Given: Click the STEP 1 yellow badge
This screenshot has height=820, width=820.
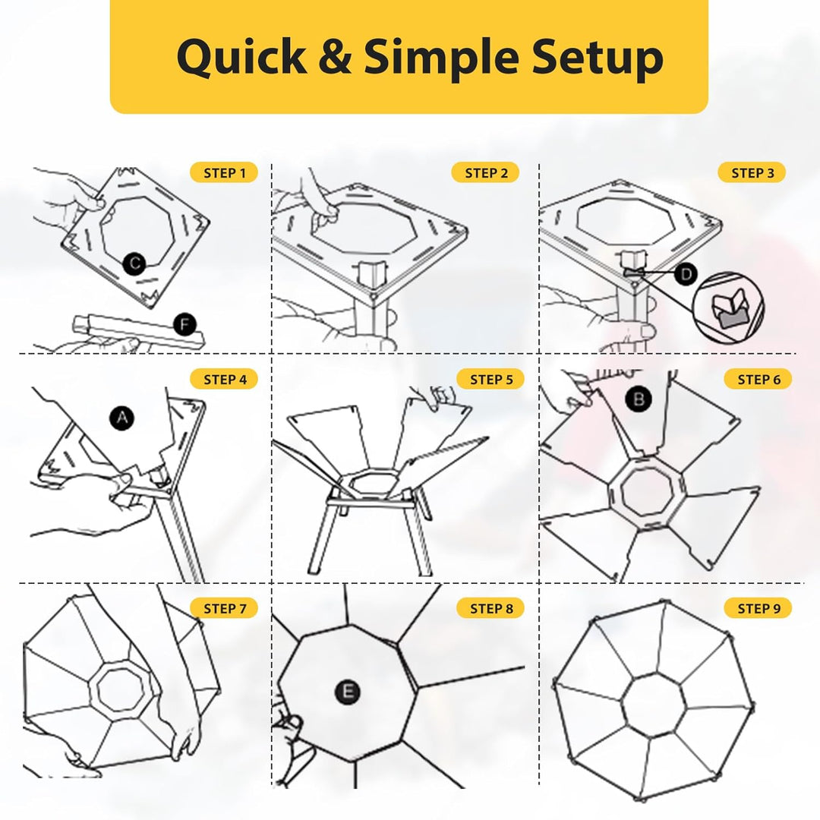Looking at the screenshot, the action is pos(224,172).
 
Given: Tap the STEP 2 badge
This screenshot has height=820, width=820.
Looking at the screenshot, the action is pos(485,172).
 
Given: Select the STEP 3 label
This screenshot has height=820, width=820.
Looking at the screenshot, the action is pos(752,172).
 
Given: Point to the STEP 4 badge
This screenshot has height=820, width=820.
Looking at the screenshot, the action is pos(224,379).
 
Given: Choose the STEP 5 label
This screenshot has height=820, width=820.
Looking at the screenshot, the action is pos(490,379).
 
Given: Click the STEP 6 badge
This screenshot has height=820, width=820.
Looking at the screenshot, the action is pos(758,379).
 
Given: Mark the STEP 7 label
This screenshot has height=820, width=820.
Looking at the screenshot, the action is pos(224,608).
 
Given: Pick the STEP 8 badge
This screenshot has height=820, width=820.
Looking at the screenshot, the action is pos(490,608).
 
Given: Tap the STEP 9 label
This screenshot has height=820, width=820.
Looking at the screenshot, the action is pos(758,608).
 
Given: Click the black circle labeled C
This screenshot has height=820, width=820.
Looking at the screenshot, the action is pos(134,263).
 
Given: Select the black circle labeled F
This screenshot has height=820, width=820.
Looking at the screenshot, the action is pos(184,325).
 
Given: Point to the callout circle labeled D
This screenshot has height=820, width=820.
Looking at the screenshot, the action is pos(686,273).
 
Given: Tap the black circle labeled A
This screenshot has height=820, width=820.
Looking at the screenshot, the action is pos(121,418).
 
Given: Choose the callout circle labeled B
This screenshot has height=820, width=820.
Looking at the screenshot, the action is pos(639,399).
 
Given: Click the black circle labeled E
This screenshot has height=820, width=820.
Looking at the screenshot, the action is pos(348,692).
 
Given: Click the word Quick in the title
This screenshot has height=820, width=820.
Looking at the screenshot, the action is pos(241,58).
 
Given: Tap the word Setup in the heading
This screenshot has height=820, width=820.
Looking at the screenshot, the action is pos(598,58).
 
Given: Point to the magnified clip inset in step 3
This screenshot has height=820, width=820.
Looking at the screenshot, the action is pos(728,307).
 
